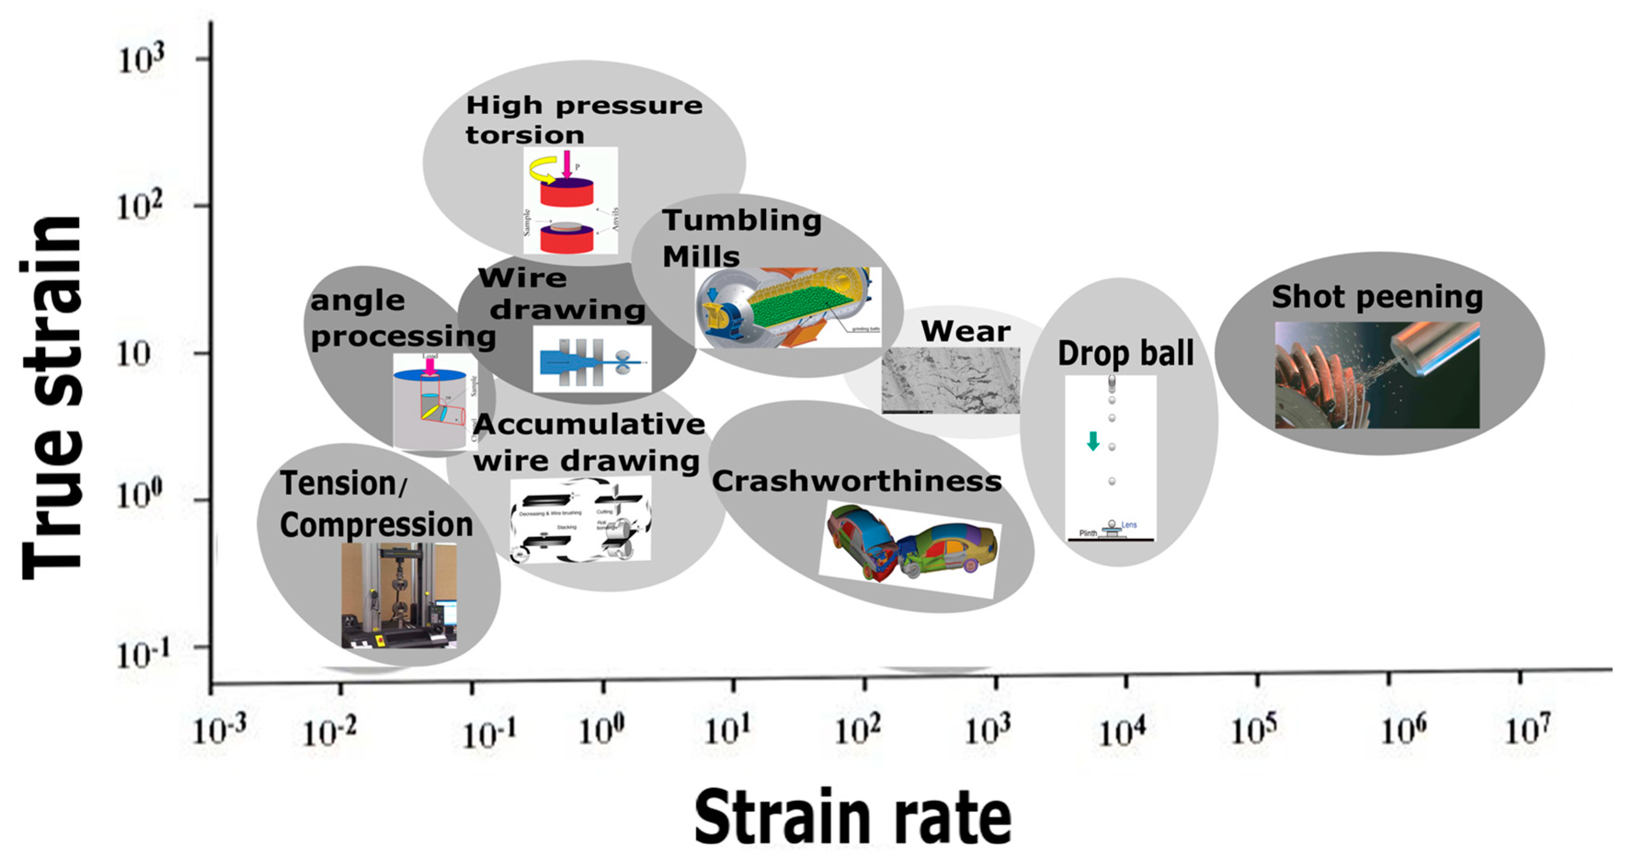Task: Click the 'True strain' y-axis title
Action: [52, 397]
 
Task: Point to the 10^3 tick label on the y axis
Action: [141, 60]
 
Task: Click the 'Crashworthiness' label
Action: [856, 481]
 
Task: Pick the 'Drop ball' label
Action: [1125, 353]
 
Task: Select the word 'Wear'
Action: [965, 331]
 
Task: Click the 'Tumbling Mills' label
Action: [741, 238]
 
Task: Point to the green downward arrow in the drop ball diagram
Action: [1093, 441]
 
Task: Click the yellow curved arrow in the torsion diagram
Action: [543, 170]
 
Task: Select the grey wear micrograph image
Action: [950, 380]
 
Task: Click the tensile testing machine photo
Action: [398, 595]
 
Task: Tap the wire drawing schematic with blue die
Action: [591, 359]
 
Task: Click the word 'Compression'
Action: [376, 525]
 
